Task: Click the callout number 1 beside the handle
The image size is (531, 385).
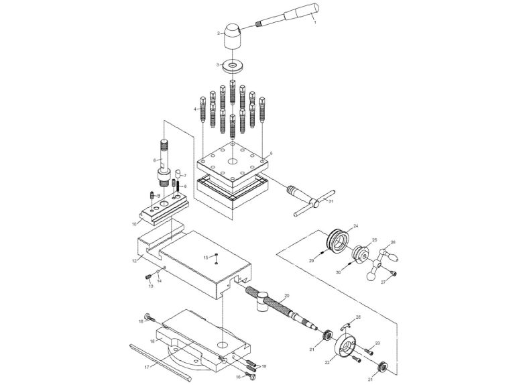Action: click(x=315, y=23)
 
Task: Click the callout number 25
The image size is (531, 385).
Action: click(x=375, y=239)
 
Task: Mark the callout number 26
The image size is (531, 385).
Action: click(x=394, y=242)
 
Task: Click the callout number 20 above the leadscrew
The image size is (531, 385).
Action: click(x=286, y=295)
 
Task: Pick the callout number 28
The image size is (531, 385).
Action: click(x=358, y=317)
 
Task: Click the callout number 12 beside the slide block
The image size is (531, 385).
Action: click(x=134, y=260)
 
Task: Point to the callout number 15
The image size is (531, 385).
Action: click(x=206, y=257)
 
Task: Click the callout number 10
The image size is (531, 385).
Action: click(x=134, y=223)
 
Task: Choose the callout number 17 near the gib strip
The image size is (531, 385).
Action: click(x=145, y=367)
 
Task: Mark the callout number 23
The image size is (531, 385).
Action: click(x=377, y=343)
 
